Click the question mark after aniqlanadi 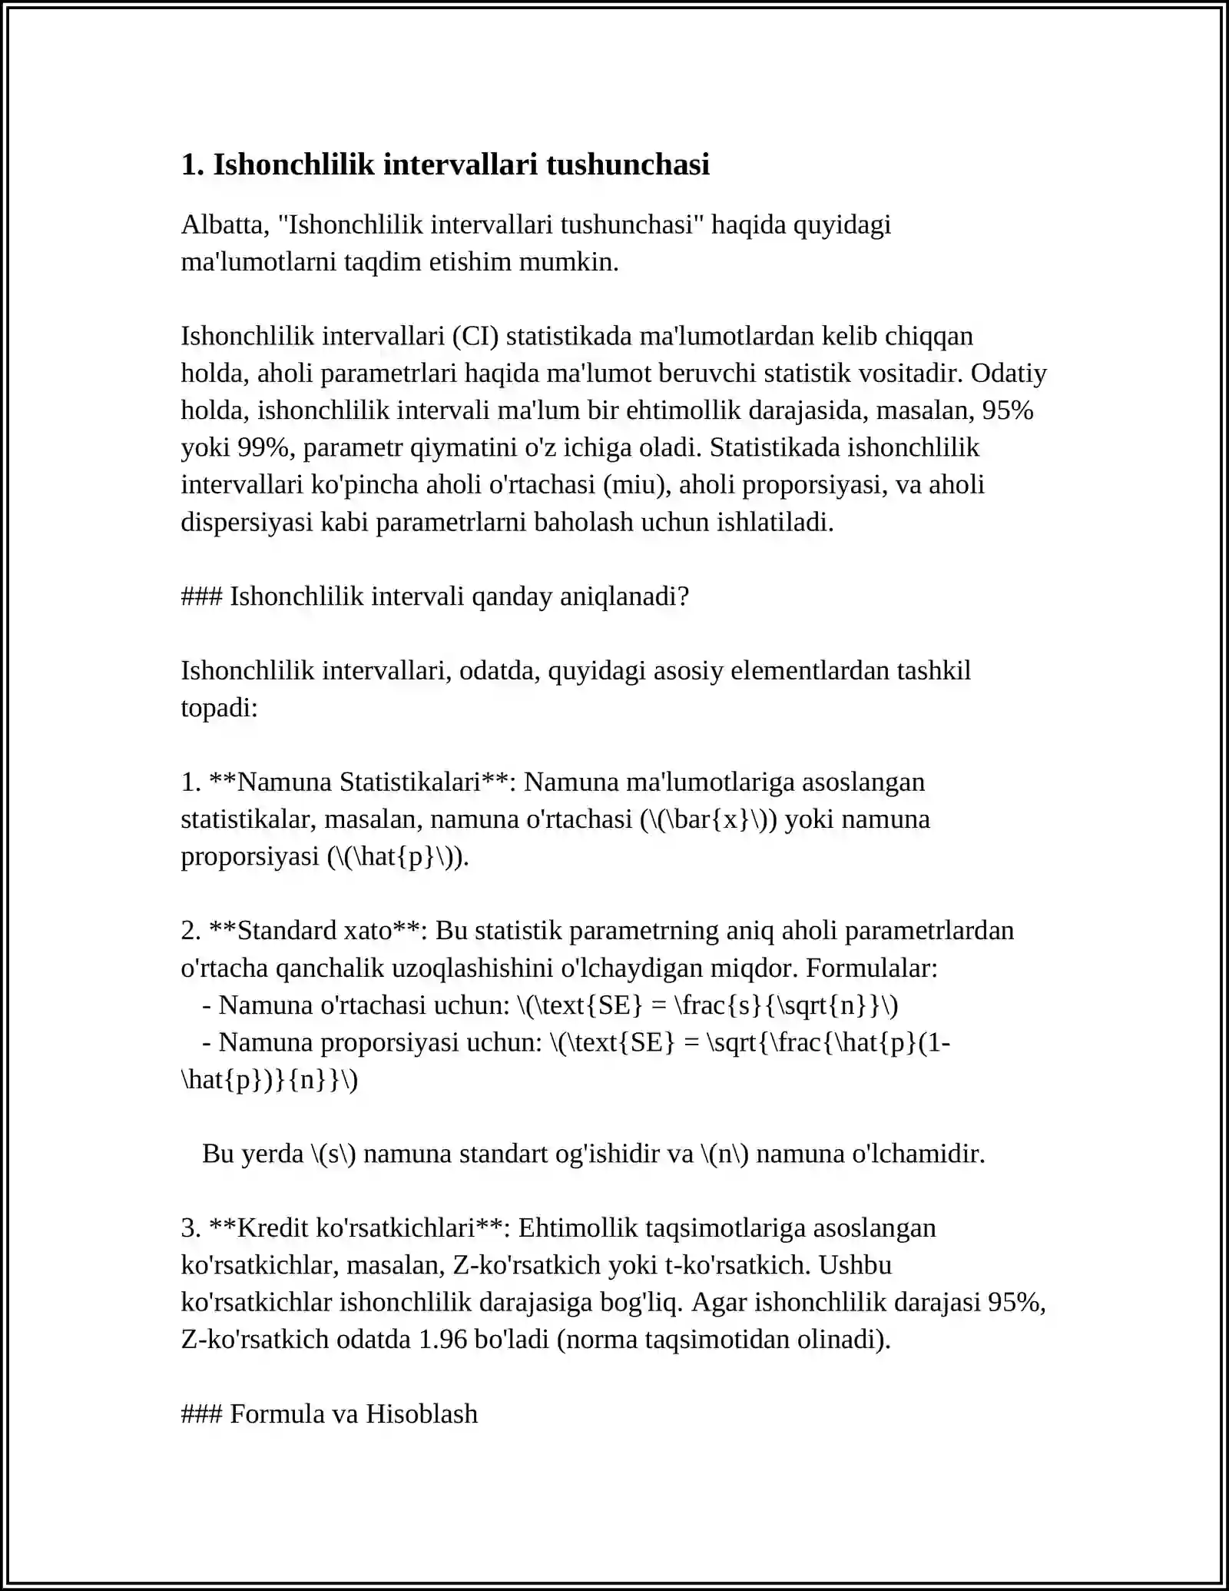tap(684, 596)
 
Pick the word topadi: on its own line tap(219, 707)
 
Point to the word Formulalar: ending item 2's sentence tap(871, 968)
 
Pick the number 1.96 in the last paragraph tap(442, 1339)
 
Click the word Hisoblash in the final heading tap(421, 1413)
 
